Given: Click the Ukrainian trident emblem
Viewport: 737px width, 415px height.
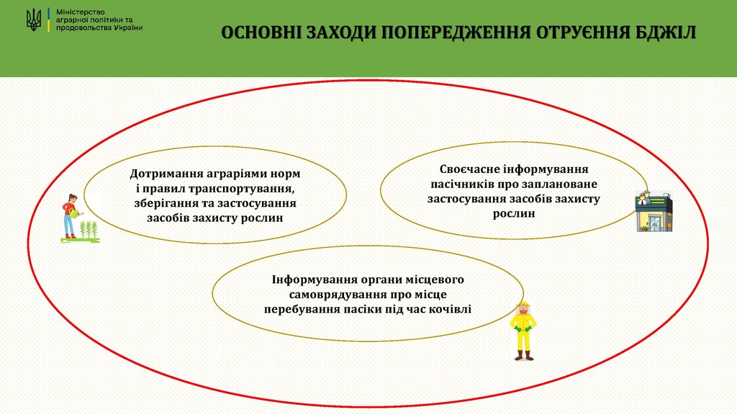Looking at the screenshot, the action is pos(34,20).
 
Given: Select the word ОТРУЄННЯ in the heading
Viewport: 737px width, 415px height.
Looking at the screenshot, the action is pos(583,32).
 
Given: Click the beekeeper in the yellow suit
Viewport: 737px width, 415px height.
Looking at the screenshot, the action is pos(523,331).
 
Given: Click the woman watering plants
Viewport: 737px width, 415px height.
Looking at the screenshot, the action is pos(70,217).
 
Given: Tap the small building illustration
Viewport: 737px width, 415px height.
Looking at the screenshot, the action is pos(654,211).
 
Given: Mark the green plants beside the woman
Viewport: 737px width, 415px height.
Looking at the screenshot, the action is pos(89,229).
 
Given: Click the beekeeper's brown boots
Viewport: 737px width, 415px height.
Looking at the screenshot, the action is pos(524,356).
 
